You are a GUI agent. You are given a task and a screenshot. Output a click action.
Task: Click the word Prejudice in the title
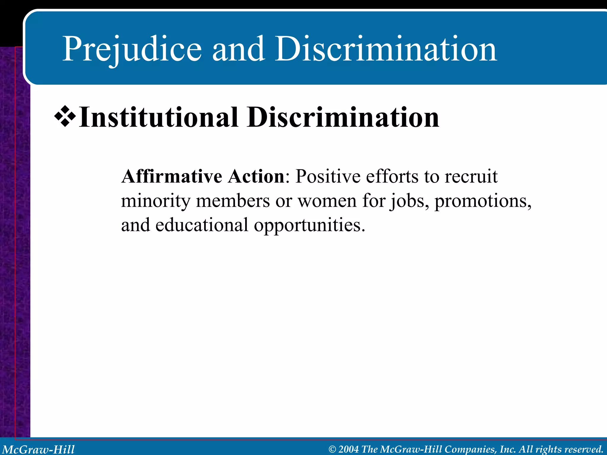(132, 49)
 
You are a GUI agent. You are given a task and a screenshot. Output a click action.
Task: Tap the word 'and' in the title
(238, 49)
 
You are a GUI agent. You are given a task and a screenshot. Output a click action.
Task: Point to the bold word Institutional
(159, 118)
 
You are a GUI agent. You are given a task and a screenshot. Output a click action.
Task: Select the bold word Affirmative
(172, 177)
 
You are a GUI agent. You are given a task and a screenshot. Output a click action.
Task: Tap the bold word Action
(256, 177)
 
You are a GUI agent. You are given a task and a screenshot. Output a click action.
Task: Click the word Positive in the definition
(328, 177)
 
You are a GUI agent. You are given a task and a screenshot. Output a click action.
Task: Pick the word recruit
(471, 177)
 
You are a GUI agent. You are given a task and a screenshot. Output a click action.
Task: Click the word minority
(156, 201)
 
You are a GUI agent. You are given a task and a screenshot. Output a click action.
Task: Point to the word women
(327, 201)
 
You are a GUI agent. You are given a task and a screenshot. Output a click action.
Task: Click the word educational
(202, 225)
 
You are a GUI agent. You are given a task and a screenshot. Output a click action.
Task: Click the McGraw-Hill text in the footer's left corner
(39, 449)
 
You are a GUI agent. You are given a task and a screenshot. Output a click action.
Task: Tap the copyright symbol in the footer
(333, 449)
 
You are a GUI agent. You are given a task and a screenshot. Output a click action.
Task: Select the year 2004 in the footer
(349, 449)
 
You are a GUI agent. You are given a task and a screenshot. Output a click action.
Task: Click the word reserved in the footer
(584, 449)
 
